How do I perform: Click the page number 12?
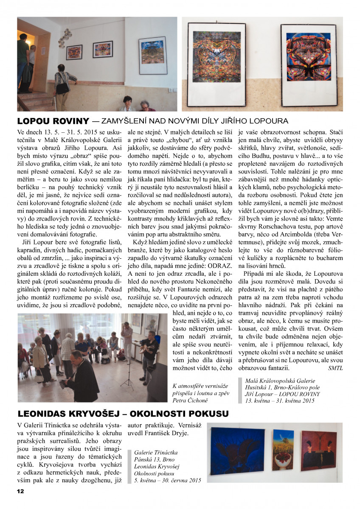pos(20,491)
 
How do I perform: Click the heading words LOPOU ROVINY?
pos(53,121)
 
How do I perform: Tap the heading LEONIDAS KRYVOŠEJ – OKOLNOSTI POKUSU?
pos(123,413)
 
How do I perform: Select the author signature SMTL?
pos(335,368)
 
